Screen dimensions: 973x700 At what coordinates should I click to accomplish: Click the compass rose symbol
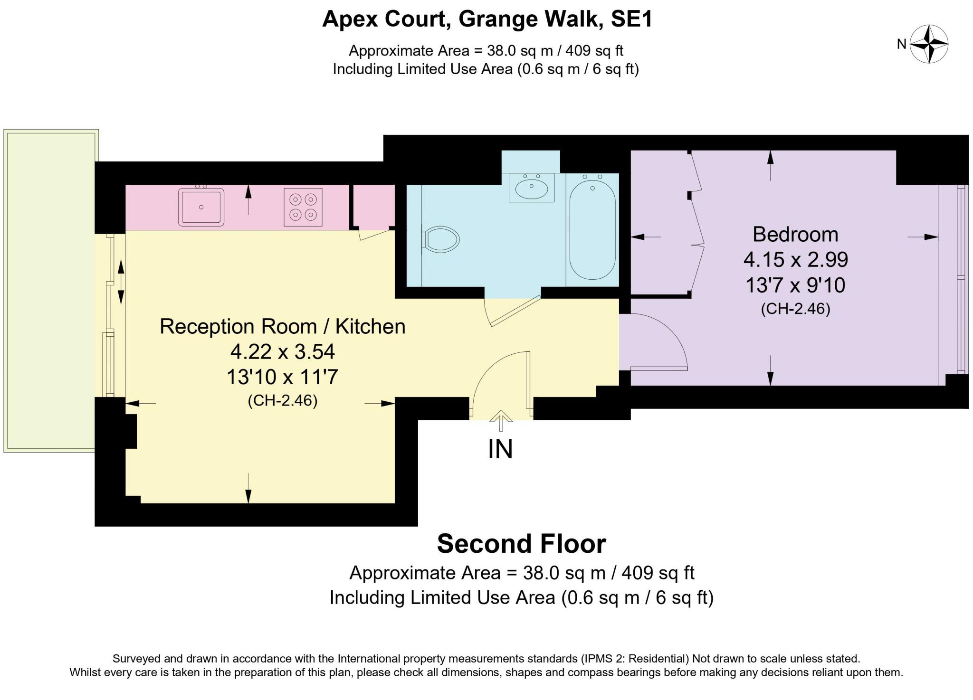929,44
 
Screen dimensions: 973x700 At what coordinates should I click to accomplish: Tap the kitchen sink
201,207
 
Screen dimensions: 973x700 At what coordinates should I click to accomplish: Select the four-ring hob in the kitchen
303,207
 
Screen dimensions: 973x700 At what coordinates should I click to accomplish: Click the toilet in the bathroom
440,239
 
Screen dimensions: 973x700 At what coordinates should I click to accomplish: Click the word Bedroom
795,235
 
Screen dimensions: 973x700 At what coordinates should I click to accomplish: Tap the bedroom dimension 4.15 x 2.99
795,260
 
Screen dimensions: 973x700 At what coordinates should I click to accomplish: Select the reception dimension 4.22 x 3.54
283,352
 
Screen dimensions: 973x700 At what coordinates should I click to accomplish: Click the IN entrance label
500,449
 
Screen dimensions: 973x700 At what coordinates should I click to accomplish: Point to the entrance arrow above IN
501,421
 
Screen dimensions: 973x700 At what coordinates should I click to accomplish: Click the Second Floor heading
521,544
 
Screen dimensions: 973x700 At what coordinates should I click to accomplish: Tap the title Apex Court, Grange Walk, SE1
487,19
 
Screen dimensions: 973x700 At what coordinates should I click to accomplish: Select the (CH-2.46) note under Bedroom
795,309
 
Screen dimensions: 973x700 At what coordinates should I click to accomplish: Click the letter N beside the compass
902,44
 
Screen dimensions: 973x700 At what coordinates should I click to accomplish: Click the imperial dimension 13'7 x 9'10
795,285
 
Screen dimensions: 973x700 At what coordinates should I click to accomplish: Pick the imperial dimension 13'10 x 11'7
282,378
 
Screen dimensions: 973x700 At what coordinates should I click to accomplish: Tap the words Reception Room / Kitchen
283,327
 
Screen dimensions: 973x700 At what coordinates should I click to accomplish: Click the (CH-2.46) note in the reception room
283,401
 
